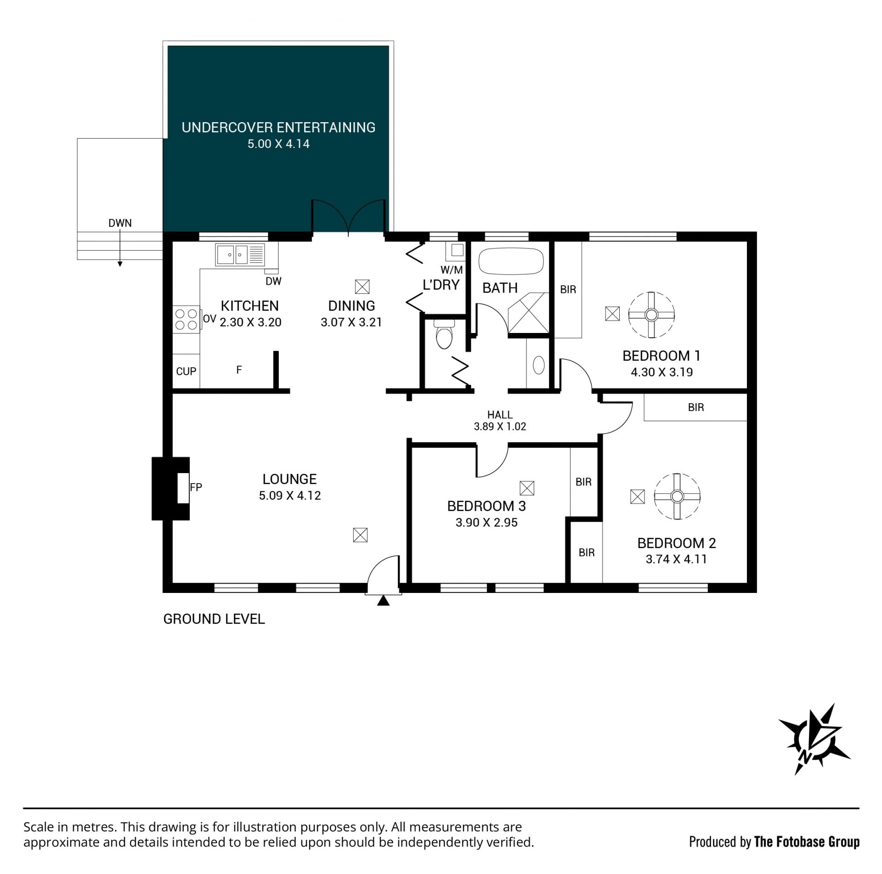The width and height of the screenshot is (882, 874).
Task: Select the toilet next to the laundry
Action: (444, 334)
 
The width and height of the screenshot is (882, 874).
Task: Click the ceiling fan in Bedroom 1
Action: (651, 315)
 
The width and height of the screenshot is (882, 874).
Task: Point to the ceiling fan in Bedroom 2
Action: (677, 496)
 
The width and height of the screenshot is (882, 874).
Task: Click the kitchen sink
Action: (240, 254)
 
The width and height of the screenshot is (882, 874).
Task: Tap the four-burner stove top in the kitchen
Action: (186, 319)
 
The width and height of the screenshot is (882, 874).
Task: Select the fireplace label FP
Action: (196, 487)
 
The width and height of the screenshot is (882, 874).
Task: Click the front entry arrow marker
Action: (383, 600)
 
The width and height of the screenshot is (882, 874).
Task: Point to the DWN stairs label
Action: (120, 223)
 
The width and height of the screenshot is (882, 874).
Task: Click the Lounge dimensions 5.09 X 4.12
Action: (290, 496)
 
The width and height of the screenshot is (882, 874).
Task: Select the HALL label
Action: (500, 415)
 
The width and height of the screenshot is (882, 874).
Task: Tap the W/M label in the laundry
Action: (452, 270)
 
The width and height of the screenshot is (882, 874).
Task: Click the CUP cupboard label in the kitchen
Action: (186, 371)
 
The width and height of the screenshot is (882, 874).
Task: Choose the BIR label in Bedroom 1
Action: (568, 290)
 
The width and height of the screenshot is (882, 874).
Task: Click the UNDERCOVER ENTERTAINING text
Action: (278, 128)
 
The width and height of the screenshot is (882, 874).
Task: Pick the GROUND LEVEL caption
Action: (214, 619)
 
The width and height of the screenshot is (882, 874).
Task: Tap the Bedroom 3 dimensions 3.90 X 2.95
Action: (486, 523)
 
